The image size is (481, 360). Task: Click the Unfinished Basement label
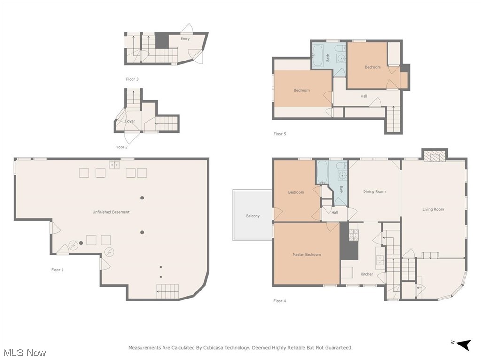point(111,212)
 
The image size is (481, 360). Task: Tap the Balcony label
point(253,216)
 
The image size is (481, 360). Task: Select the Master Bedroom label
point(307,255)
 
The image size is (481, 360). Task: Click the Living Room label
point(433,209)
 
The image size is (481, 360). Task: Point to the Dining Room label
point(374,191)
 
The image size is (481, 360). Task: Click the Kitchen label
point(367,274)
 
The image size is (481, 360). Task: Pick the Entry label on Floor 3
point(185,39)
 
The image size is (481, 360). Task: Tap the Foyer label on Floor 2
point(130,121)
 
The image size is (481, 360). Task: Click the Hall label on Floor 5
point(364,96)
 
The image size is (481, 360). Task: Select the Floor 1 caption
point(57,270)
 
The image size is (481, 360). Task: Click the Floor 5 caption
point(279,134)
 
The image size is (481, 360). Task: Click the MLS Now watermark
point(24,352)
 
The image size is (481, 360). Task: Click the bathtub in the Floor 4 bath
point(323,172)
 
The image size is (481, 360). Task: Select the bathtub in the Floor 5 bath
point(318,55)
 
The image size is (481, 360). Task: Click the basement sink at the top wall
point(114,164)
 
